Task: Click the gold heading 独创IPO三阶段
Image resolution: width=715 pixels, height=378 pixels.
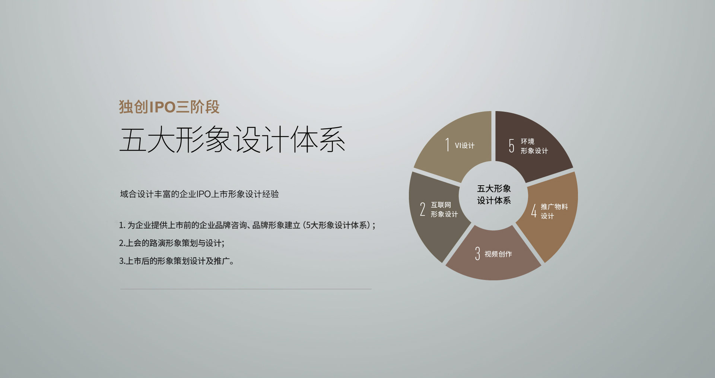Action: [x=169, y=107]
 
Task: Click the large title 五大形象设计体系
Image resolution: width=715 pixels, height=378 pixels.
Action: [x=232, y=139]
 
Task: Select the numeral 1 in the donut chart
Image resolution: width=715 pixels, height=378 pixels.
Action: [x=447, y=145]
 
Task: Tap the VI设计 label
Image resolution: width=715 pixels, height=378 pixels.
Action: [x=465, y=146]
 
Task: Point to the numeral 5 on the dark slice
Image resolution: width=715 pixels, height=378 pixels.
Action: [x=512, y=146]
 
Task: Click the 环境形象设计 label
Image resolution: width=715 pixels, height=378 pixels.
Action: [x=534, y=146]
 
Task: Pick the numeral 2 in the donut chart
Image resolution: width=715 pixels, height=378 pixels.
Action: [x=423, y=209]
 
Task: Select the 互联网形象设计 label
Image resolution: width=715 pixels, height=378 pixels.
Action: [x=444, y=210]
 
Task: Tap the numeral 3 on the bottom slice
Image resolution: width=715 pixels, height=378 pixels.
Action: [x=477, y=253]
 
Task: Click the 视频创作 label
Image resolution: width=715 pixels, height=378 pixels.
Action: [x=498, y=254]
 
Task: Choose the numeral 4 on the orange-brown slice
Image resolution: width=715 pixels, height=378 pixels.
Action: [x=534, y=211]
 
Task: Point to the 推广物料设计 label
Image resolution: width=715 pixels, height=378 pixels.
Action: [x=554, y=211]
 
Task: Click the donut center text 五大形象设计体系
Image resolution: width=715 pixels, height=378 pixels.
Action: [x=494, y=195]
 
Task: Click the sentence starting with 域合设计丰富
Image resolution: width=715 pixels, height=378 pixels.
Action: [x=199, y=194]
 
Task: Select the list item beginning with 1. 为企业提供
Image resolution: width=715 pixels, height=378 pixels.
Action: [x=247, y=225]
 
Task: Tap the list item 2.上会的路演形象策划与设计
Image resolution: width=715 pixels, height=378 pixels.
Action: [x=172, y=243]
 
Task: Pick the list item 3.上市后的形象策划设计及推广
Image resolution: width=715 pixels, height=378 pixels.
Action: [x=176, y=261]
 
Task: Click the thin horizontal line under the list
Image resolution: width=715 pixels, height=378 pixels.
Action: [x=246, y=289]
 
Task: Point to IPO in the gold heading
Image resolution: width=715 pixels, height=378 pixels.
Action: [x=162, y=107]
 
